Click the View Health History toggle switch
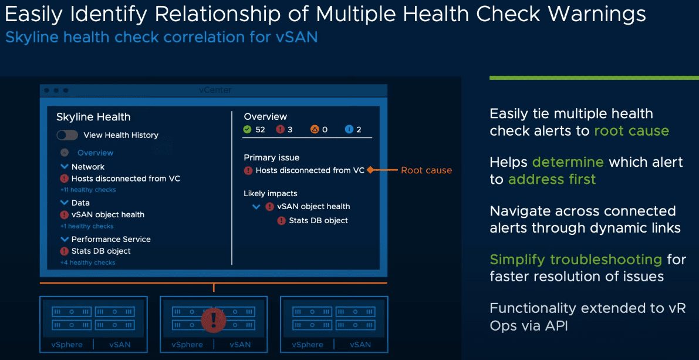tap(67, 135)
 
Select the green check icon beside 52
tap(247, 129)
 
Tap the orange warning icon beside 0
tap(315, 129)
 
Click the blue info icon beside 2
tap(349, 129)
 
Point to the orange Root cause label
tap(426, 170)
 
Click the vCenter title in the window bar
tap(215, 90)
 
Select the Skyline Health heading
tap(93, 117)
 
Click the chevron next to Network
tap(65, 167)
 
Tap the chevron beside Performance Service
tap(65, 239)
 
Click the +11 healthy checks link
tap(88, 190)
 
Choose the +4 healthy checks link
tap(87, 263)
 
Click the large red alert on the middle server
tap(213, 320)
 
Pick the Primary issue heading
tap(272, 157)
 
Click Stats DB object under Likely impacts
tap(318, 220)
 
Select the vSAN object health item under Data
tap(107, 214)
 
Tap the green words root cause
tap(632, 131)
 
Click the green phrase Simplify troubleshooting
tap(576, 259)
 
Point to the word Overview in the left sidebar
tap(95, 153)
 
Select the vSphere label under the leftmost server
tap(67, 344)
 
